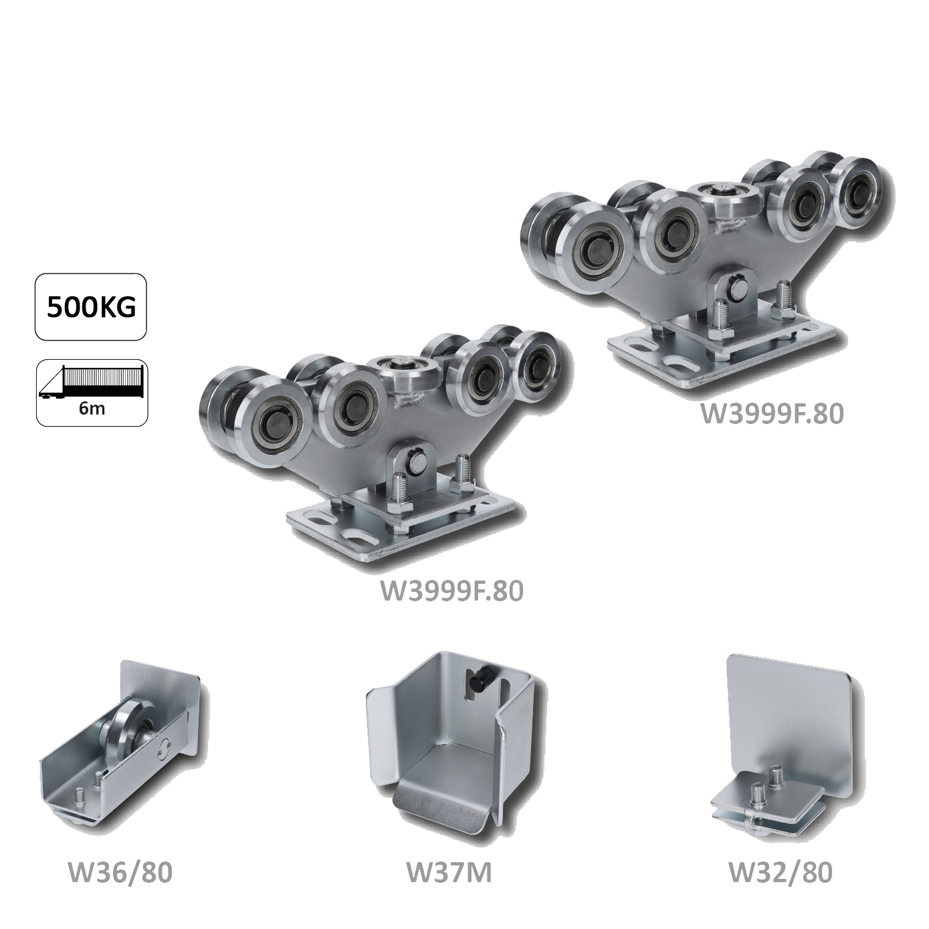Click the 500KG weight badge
click(91, 307)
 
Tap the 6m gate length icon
click(92, 393)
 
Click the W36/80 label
click(120, 873)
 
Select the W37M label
click(449, 873)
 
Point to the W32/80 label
click(780, 873)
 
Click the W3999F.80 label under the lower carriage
click(451, 591)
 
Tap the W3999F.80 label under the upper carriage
click(772, 413)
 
